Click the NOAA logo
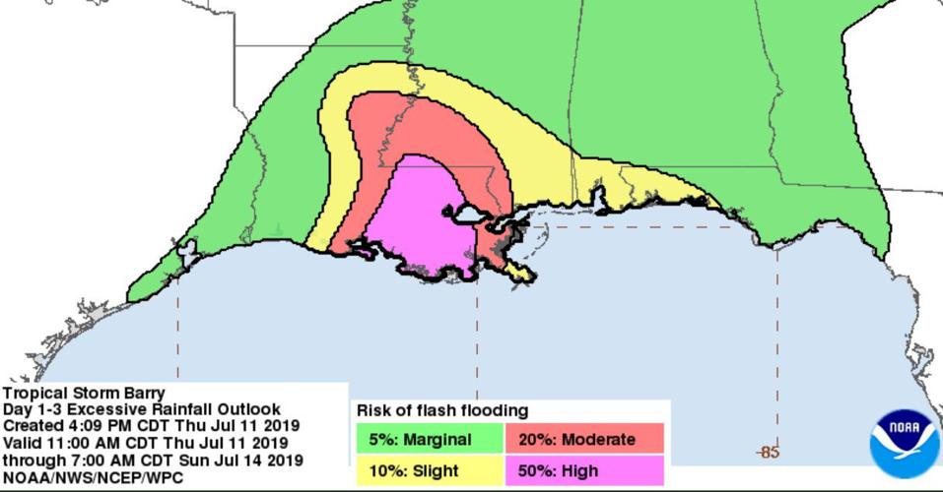click(x=904, y=444)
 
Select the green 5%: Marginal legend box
click(x=429, y=439)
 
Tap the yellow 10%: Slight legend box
click(x=429, y=470)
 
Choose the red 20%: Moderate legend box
click(x=584, y=439)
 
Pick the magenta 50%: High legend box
click(x=584, y=470)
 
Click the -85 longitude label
click(x=769, y=453)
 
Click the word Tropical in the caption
click(x=32, y=393)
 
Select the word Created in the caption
click(x=32, y=426)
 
